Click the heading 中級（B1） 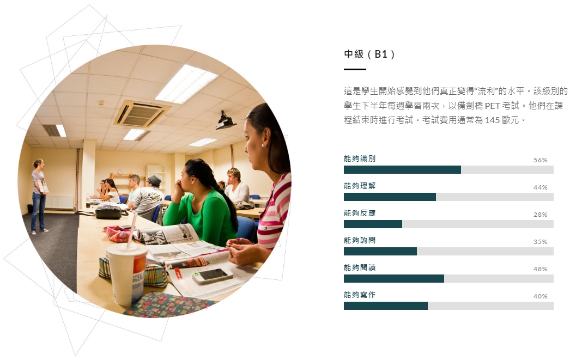(369, 54)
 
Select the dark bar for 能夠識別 (402, 169)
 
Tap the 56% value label (541, 160)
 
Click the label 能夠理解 (360, 186)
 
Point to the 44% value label (541, 187)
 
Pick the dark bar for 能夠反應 (373, 224)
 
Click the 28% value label (541, 215)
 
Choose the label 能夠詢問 (360, 240)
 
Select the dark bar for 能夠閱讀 (394, 279)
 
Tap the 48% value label (541, 269)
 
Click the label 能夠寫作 (360, 295)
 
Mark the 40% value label (541, 296)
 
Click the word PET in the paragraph (492, 106)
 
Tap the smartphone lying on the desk (213, 276)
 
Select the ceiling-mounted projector (225, 120)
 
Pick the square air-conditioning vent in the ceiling (142, 113)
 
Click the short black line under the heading (355, 69)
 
